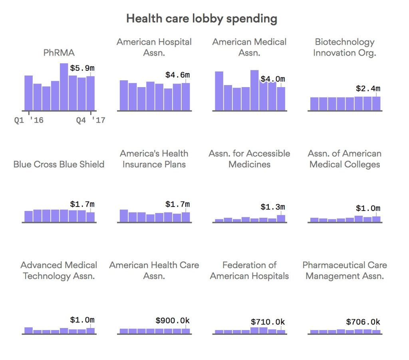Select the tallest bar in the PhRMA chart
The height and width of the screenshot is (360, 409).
(64, 87)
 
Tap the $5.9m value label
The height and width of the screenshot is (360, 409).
(82, 68)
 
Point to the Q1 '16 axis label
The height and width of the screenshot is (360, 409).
(29, 120)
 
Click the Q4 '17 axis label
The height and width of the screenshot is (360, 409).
(91, 120)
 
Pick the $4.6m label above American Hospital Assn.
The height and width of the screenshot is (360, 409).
(178, 75)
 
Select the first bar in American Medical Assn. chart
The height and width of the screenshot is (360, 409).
(219, 91)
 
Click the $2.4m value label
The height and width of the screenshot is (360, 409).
(368, 88)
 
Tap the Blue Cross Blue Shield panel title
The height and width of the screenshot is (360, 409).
(59, 164)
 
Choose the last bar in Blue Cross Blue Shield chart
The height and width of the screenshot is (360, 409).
(91, 217)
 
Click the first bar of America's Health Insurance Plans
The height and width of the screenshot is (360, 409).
(124, 216)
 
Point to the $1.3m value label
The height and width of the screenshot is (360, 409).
(273, 207)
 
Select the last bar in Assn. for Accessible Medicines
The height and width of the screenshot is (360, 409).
(281, 219)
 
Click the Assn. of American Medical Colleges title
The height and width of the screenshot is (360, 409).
(345, 159)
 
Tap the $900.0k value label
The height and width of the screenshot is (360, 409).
(173, 320)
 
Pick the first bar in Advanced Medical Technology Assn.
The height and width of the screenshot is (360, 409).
(29, 330)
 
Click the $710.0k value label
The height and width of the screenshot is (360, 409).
(268, 322)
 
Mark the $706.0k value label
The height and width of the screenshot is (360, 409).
(363, 322)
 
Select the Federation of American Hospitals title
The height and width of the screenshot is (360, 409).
(249, 270)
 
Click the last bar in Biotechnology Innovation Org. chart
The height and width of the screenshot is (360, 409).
(376, 103)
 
